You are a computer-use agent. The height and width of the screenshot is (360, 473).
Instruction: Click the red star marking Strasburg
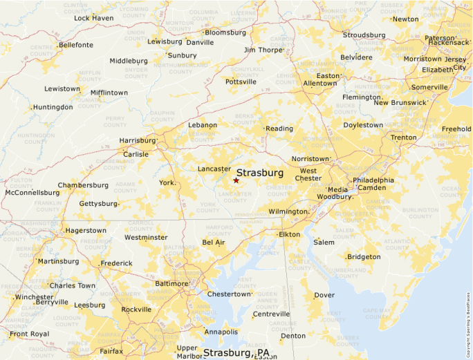click(x=236, y=180)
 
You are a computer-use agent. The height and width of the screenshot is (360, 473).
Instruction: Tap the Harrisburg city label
click(x=137, y=140)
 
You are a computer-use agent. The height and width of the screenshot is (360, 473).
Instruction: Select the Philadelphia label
click(x=373, y=180)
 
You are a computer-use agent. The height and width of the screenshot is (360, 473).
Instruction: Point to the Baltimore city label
click(x=170, y=284)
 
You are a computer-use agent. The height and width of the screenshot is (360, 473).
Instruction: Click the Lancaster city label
click(x=214, y=169)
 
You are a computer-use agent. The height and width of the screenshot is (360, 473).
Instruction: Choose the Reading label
click(x=279, y=129)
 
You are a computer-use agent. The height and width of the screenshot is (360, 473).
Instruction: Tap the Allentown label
click(x=319, y=84)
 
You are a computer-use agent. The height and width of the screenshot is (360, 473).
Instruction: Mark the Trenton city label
click(x=403, y=138)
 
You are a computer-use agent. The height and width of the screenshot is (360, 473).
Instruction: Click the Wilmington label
click(x=288, y=211)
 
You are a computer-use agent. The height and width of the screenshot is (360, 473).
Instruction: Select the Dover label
click(x=324, y=295)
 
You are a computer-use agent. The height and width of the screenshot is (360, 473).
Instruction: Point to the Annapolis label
click(x=221, y=332)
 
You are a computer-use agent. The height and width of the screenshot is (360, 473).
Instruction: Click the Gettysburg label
click(x=98, y=204)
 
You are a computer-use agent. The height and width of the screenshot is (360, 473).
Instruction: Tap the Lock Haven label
click(x=94, y=18)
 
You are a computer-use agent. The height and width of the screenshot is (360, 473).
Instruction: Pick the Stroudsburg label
click(x=364, y=35)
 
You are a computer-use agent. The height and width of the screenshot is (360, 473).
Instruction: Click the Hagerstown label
click(x=86, y=231)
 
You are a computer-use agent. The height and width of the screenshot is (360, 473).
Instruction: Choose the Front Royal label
click(x=30, y=334)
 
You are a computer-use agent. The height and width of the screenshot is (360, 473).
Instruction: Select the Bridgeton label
click(x=364, y=257)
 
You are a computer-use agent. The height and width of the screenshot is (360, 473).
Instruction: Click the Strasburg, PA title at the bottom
click(x=236, y=353)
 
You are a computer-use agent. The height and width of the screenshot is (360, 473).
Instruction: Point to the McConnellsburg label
click(x=32, y=193)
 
